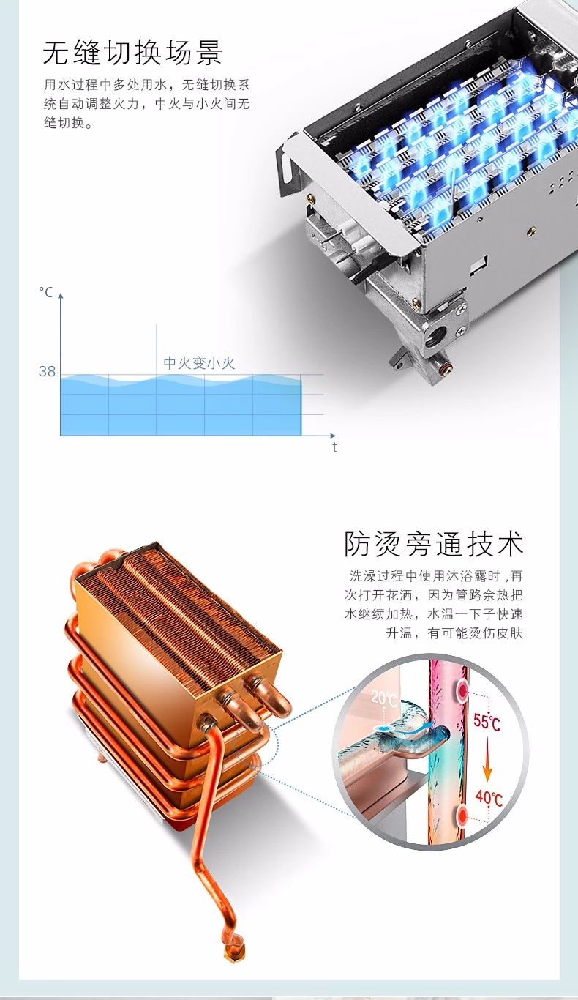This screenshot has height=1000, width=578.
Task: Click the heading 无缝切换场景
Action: (x=132, y=52)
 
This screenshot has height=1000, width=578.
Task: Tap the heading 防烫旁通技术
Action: (x=433, y=544)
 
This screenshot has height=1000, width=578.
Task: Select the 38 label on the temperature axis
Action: (x=47, y=371)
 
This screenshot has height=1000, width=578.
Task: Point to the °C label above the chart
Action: (x=46, y=292)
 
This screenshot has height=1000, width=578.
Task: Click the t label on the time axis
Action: (x=334, y=447)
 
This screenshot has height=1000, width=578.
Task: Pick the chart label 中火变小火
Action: (x=199, y=363)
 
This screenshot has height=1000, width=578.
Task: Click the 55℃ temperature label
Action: (x=486, y=721)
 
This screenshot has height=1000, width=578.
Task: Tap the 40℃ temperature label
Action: (x=489, y=798)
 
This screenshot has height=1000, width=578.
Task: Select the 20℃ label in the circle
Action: (x=384, y=698)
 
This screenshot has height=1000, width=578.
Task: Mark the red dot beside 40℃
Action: (x=463, y=816)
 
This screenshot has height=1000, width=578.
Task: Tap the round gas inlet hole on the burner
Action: (x=435, y=335)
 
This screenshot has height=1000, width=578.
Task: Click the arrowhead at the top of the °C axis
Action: (x=61, y=296)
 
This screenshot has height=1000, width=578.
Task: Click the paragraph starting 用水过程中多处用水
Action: (x=146, y=103)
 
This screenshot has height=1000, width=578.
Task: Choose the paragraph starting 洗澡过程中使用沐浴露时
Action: (x=433, y=605)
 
